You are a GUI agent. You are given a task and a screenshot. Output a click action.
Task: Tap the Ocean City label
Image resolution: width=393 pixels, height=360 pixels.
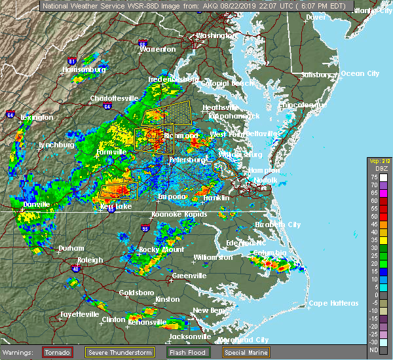(x=360, y=73)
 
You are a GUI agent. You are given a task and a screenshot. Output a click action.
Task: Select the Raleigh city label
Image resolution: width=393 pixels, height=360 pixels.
(x=90, y=260)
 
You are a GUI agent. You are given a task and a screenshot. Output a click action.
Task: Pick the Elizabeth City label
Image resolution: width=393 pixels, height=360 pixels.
(x=278, y=225)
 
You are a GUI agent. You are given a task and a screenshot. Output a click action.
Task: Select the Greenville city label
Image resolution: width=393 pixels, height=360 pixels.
(x=189, y=276)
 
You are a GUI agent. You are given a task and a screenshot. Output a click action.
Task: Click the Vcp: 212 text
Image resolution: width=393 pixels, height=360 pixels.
(x=379, y=161)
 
